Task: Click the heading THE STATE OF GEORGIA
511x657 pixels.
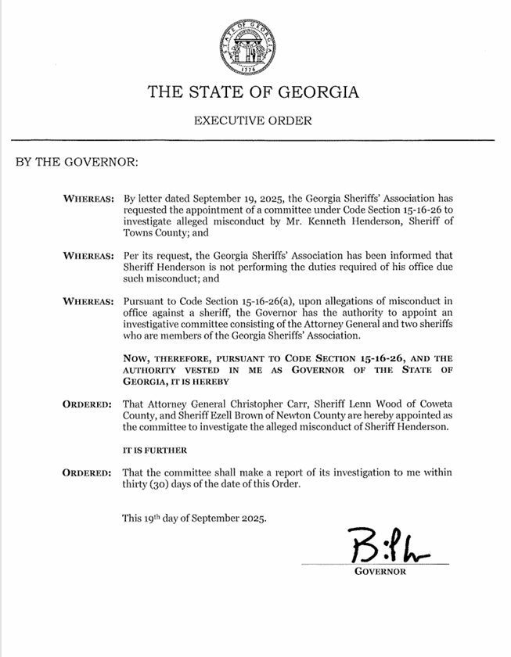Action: pos(254,92)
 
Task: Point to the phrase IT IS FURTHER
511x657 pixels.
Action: pos(155,451)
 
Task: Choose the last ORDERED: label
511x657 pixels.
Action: pos(87,473)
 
